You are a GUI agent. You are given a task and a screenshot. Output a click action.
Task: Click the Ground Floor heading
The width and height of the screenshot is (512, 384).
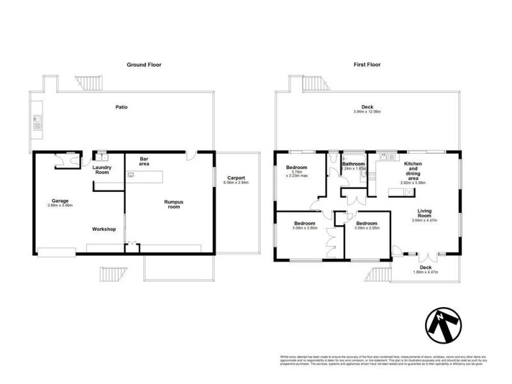click(143, 65)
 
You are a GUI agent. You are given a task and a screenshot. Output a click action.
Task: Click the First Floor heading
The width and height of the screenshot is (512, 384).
click(367, 65)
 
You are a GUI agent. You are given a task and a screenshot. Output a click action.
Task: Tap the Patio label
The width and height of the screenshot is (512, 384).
click(121, 107)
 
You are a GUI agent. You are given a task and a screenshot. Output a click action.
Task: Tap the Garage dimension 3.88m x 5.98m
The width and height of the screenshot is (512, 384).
click(60, 205)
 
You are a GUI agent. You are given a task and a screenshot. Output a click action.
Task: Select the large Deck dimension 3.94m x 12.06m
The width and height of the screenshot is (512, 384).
click(367, 112)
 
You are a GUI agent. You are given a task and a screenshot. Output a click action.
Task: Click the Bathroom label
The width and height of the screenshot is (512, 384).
click(353, 164)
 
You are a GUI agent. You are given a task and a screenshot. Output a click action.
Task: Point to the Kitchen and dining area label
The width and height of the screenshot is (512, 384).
click(413, 173)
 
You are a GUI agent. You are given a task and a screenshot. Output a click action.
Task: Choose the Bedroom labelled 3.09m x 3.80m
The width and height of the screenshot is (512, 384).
click(305, 228)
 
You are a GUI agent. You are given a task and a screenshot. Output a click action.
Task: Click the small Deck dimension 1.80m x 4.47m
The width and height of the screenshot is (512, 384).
click(426, 273)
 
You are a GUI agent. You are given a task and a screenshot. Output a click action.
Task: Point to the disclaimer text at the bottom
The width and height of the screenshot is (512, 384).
click(383, 360)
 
